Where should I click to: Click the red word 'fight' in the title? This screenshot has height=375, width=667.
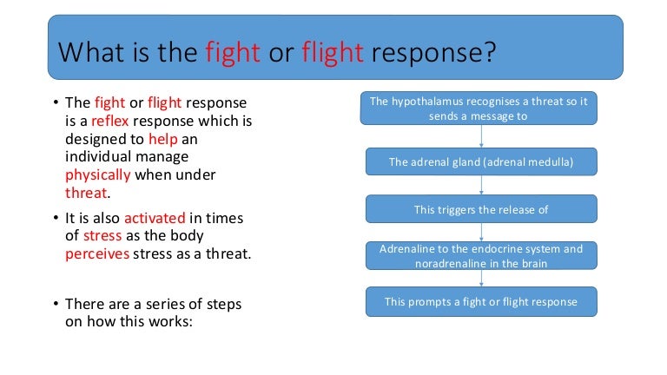[234, 54]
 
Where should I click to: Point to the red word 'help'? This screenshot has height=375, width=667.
[162, 138]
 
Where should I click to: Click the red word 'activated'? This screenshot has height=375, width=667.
[159, 217]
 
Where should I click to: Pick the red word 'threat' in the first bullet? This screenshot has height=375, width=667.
[88, 193]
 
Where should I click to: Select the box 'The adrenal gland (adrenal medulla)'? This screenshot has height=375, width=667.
[480, 161]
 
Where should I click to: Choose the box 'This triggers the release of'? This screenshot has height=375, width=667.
[480, 209]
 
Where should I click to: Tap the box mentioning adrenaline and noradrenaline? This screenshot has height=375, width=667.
[480, 255]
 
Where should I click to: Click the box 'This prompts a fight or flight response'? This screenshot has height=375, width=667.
[480, 302]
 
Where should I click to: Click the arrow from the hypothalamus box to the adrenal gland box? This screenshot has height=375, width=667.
[480, 135]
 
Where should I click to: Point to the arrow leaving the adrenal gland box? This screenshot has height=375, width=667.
[480, 185]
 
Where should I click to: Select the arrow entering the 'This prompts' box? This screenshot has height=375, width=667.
[480, 279]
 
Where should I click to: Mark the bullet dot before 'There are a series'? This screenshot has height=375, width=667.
[55, 305]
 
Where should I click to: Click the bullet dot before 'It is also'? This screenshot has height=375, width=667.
[55, 217]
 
